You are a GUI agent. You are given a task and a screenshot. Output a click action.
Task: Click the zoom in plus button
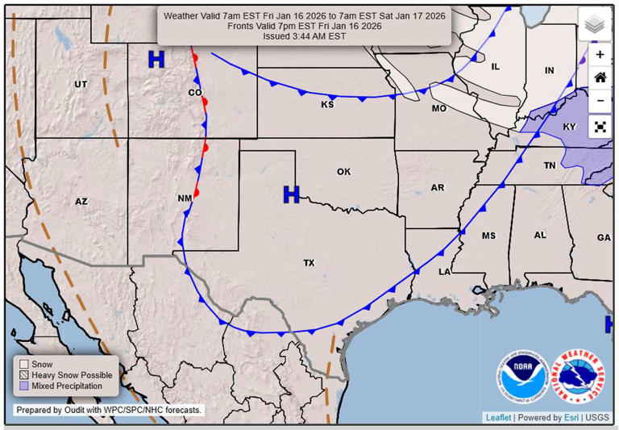600,55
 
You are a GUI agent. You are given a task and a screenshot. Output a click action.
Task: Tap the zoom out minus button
600,102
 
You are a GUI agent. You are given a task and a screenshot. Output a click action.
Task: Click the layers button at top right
595,24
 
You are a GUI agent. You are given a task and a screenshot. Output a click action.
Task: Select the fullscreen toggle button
600,127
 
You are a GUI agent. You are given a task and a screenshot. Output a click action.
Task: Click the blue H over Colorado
156,59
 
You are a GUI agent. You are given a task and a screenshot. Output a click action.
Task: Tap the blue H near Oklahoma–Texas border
291,194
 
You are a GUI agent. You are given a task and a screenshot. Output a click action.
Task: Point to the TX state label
309,263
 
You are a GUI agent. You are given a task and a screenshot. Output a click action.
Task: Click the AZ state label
81,202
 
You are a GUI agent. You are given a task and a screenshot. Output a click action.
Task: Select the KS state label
327,105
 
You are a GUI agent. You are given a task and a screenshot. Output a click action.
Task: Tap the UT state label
81,85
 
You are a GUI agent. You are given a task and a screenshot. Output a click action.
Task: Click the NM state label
184,198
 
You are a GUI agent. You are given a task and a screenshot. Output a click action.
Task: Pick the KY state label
570,127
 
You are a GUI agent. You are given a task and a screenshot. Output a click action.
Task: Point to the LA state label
444,272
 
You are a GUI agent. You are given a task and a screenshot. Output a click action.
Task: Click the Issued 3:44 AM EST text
304,36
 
